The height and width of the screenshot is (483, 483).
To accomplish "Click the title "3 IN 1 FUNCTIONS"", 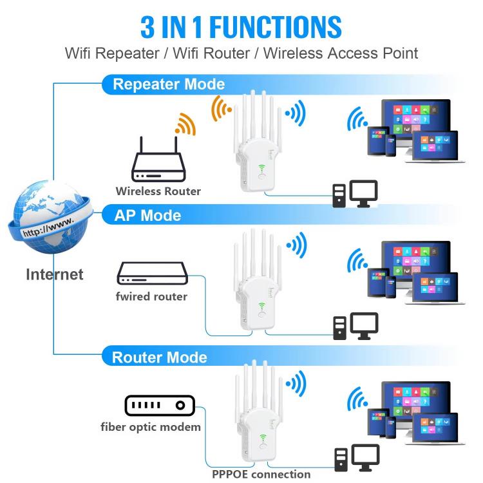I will [241, 26].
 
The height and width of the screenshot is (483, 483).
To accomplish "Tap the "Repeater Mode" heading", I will [169, 84].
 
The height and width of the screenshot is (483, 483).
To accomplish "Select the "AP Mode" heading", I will [147, 215].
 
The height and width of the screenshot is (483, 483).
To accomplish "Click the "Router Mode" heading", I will [160, 357].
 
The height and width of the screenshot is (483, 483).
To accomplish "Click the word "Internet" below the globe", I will [55, 274].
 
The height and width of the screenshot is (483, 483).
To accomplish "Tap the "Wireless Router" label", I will [158, 191].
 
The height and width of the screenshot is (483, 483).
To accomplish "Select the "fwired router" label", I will [152, 296].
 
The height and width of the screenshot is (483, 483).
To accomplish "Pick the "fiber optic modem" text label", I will [151, 426].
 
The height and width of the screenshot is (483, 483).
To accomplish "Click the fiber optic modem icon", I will [159, 405].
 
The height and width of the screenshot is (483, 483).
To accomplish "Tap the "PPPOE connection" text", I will [261, 475].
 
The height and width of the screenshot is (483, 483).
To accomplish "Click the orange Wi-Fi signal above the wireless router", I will [185, 124].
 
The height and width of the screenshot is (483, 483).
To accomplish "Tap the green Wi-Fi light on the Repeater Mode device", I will [263, 169].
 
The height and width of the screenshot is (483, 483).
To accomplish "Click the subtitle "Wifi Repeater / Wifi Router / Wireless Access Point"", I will [241, 53].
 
